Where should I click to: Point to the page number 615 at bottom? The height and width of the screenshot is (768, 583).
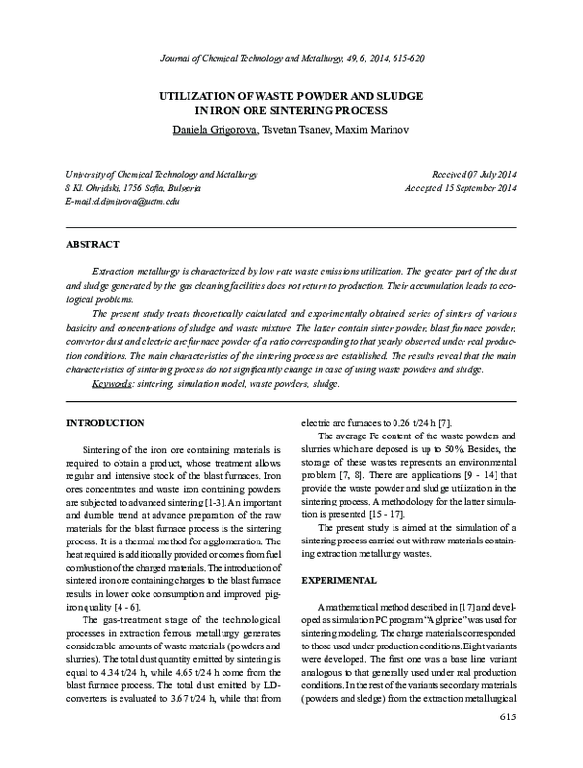pyautogui.click(x=506, y=744)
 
